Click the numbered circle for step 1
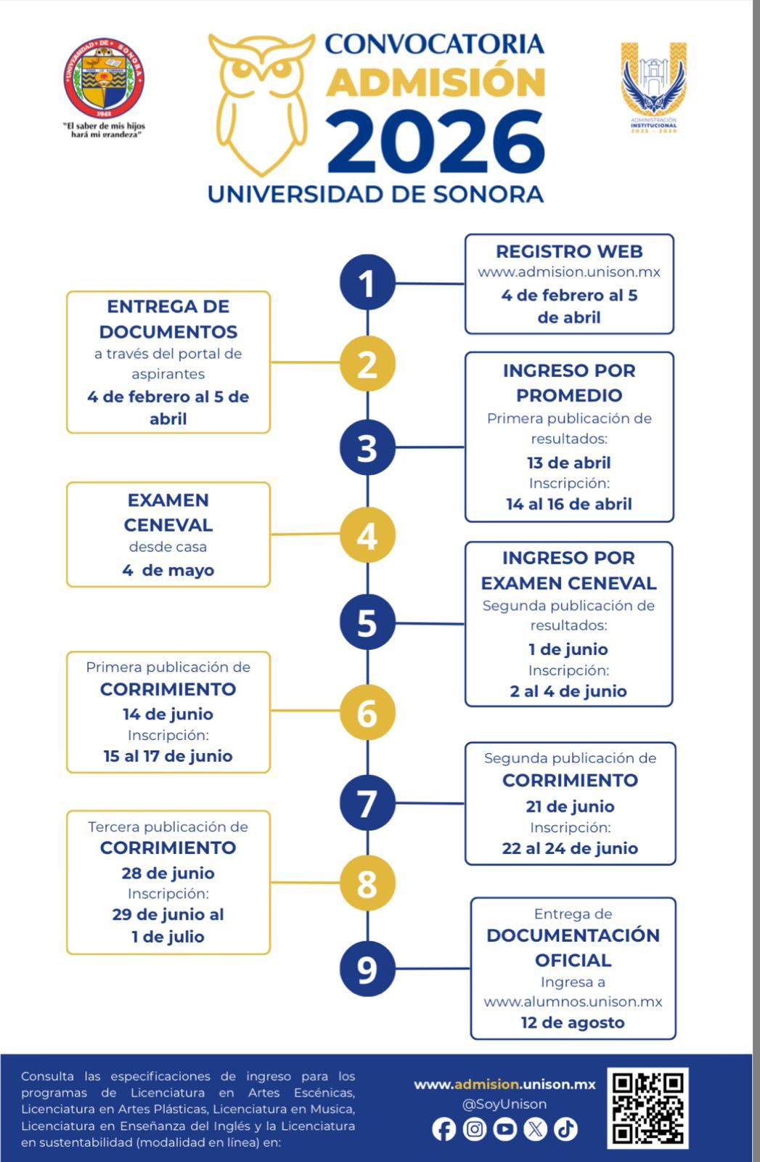pyautogui.click(x=367, y=283)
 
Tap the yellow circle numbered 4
pyautogui.click(x=367, y=535)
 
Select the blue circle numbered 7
pyautogui.click(x=367, y=803)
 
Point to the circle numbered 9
pyautogui.click(x=367, y=968)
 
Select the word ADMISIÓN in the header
pyautogui.click(x=436, y=81)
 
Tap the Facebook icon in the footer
pyautogui.click(x=444, y=1129)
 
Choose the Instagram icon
pyautogui.click(x=474, y=1129)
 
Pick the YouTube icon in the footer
pyautogui.click(x=504, y=1129)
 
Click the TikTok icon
pyautogui.click(x=565, y=1129)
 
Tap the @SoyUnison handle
pyautogui.click(x=504, y=1104)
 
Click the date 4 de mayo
pyautogui.click(x=168, y=570)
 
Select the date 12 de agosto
pyautogui.click(x=573, y=1023)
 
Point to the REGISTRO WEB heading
pyautogui.click(x=569, y=251)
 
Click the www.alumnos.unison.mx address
pyautogui.click(x=573, y=1001)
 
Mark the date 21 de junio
pyautogui.click(x=570, y=806)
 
